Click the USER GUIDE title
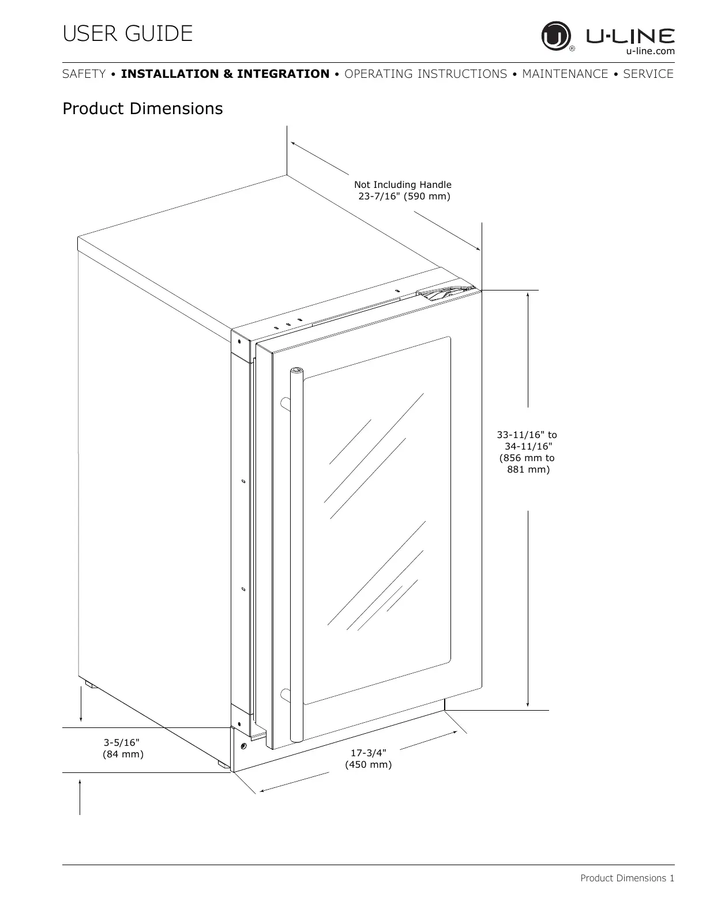click(127, 34)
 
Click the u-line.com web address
click(650, 51)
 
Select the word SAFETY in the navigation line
click(84, 74)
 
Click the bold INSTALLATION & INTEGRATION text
click(225, 74)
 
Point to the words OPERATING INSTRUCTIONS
click(426, 74)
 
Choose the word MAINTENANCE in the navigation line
click(565, 74)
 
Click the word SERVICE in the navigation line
click(648, 74)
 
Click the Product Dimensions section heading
click(142, 108)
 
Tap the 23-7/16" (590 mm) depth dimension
click(404, 197)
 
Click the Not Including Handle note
click(403, 184)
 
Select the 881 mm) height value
click(528, 470)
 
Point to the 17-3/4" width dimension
click(369, 753)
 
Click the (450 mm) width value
click(368, 765)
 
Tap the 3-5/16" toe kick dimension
click(122, 742)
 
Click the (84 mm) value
click(123, 754)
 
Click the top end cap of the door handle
click(296, 371)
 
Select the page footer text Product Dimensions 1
click(627, 878)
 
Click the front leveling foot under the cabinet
click(222, 764)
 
